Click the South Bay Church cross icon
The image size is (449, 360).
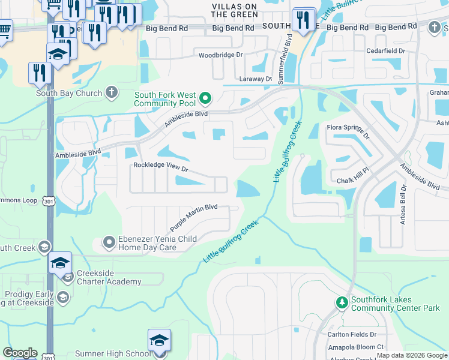110,92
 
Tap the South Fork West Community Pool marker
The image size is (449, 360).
205,97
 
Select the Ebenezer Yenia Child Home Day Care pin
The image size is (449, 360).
109,242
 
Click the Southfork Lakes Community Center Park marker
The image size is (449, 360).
342,302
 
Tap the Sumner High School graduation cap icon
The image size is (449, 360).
159,341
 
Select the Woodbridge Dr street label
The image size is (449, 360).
221,55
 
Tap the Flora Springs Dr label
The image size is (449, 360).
349,130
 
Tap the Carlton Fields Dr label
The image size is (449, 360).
352,334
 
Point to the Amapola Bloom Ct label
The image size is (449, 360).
355,347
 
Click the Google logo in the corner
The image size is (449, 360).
20,353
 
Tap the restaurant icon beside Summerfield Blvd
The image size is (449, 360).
304,19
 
